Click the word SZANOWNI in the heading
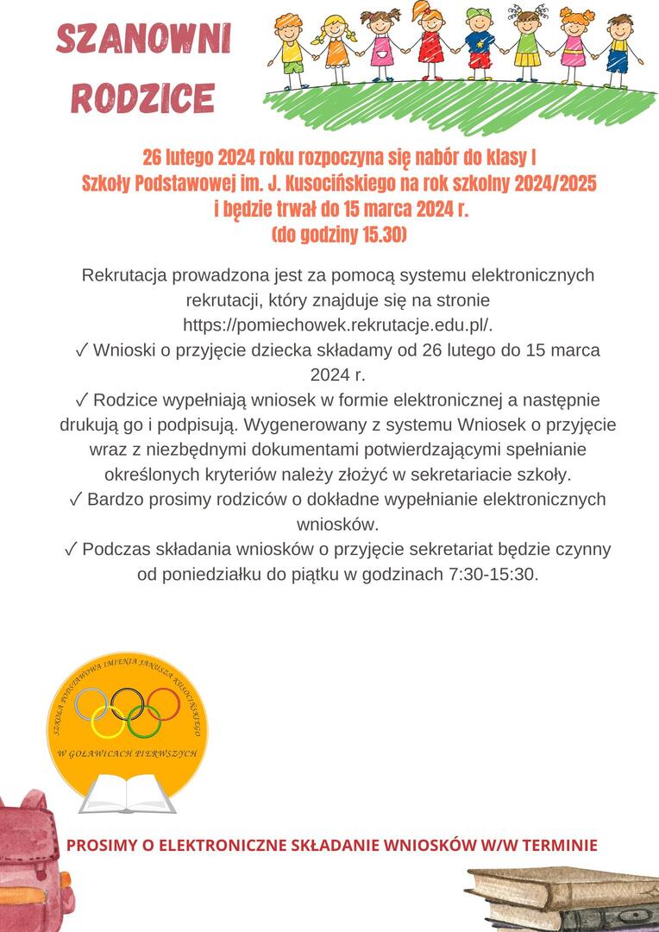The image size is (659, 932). click(x=143, y=40)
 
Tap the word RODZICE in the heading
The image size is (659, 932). click(x=143, y=98)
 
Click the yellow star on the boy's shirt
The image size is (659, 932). click(x=480, y=43)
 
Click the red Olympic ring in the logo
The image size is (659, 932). click(x=162, y=704)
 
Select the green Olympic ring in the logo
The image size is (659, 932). click(x=144, y=721)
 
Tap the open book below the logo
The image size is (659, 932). click(x=128, y=793)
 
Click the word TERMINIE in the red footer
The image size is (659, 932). click(x=556, y=845)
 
